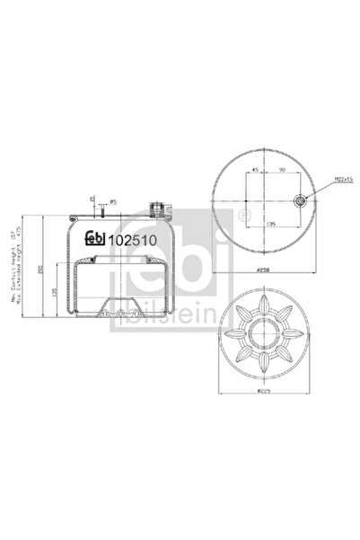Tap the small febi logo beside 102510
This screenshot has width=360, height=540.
coord(94,239)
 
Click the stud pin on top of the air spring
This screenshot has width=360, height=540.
coord(103,208)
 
